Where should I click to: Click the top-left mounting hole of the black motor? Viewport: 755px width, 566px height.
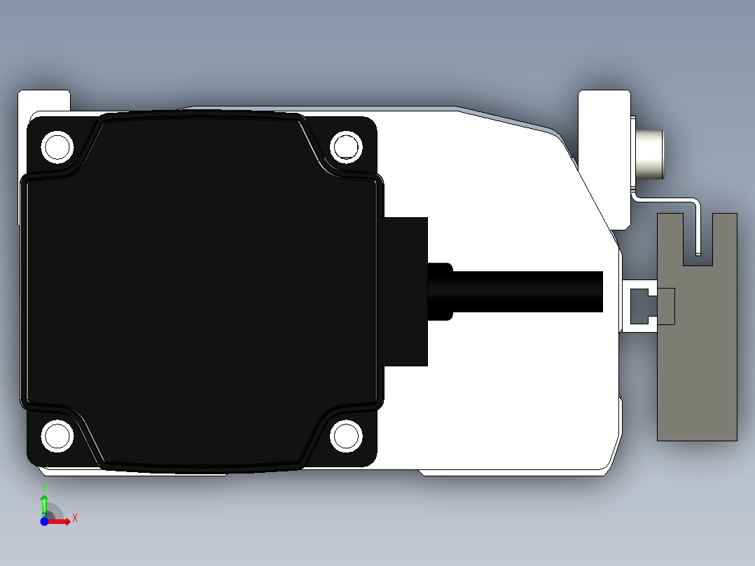point(57,147)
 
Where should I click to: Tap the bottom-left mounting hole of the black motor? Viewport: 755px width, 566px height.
point(57,436)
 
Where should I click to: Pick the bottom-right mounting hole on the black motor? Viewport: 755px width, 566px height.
point(346,436)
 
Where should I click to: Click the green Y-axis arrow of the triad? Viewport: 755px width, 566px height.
point(44,503)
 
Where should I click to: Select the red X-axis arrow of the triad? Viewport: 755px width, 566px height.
point(61,521)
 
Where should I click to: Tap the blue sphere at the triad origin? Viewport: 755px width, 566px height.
point(44,521)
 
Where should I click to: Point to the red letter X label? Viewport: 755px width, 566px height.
point(75,518)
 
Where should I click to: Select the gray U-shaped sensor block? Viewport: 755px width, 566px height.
point(697,350)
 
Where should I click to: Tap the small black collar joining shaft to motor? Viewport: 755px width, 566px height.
point(441,291)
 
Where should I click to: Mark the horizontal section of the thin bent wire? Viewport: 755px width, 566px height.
point(665,199)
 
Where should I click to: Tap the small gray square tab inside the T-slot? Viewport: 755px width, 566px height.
point(665,307)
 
